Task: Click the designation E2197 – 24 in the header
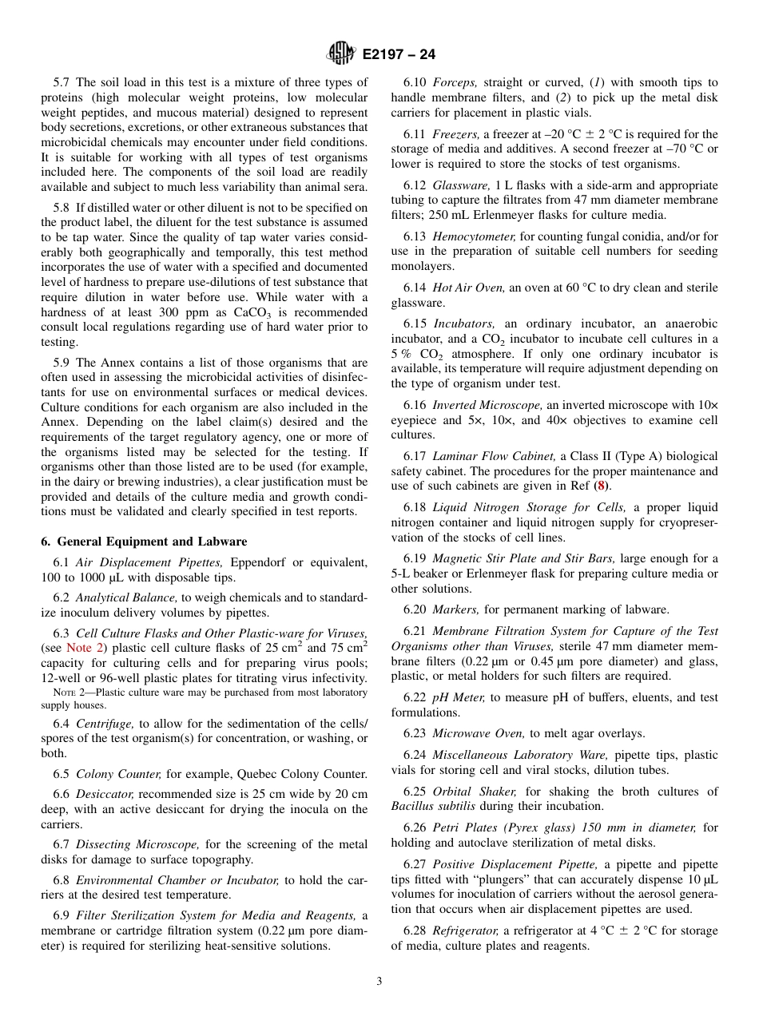[399, 55]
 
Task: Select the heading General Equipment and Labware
[144, 542]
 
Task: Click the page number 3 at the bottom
[379, 982]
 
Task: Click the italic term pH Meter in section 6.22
[459, 697]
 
